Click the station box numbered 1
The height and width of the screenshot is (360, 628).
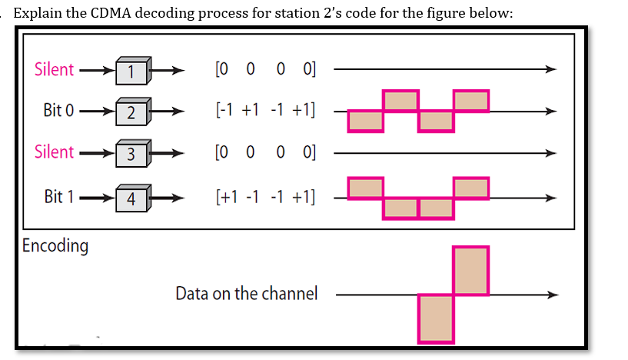click(x=132, y=71)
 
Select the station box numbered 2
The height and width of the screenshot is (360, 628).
click(x=132, y=112)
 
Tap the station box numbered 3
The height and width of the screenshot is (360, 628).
click(x=132, y=153)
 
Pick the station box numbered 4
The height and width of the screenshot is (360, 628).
click(x=132, y=198)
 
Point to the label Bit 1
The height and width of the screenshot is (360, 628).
click(x=58, y=196)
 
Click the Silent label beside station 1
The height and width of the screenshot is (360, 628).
click(x=54, y=69)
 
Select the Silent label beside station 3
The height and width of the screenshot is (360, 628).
click(x=54, y=152)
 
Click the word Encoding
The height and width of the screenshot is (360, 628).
click(x=55, y=246)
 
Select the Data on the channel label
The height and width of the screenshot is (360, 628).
click(x=246, y=293)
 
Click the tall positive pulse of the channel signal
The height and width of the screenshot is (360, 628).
click(x=470, y=271)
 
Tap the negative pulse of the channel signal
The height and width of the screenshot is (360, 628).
click(x=436, y=317)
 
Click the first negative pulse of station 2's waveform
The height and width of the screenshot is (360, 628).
click(x=365, y=120)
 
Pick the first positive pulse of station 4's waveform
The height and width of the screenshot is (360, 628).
click(x=365, y=187)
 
